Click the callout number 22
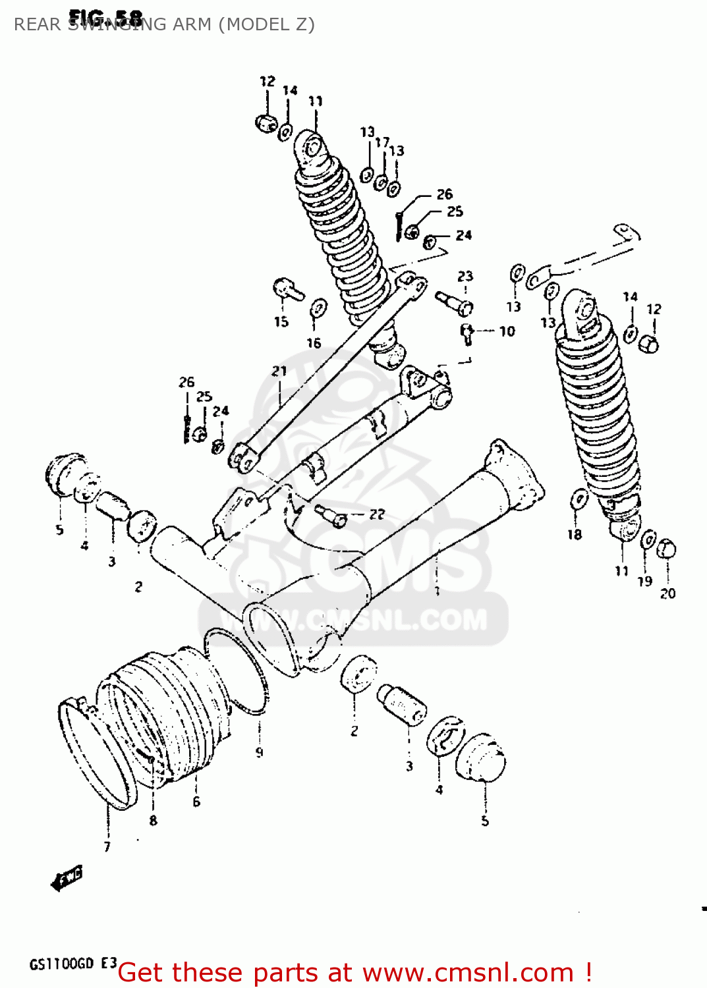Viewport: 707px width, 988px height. click(x=377, y=514)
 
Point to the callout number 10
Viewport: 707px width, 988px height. click(x=507, y=331)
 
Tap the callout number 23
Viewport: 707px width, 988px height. click(x=465, y=276)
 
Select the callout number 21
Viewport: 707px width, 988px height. click(x=279, y=371)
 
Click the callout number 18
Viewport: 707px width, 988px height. click(x=575, y=534)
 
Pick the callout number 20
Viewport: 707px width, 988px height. click(x=667, y=593)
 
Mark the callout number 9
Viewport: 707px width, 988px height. click(x=259, y=752)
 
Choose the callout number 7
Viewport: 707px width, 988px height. click(x=107, y=846)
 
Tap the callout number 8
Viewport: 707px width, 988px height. click(x=153, y=820)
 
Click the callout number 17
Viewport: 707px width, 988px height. click(x=382, y=142)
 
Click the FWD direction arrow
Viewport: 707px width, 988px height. click(x=67, y=878)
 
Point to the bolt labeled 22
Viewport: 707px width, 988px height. click(x=331, y=516)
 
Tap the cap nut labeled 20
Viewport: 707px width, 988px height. click(x=666, y=548)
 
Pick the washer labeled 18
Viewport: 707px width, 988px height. click(x=579, y=499)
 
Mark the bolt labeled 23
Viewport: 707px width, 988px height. click(x=454, y=303)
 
